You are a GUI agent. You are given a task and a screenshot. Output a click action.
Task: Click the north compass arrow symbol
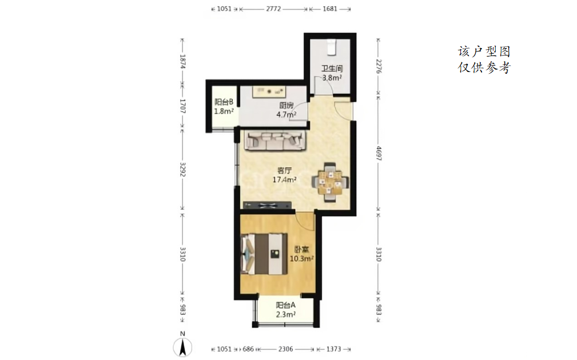(182, 347)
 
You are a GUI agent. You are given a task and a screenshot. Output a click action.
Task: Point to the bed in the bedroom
(264, 254)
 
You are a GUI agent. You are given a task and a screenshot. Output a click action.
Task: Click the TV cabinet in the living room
(267, 205)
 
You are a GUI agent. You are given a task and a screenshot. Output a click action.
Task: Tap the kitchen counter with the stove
(269, 91)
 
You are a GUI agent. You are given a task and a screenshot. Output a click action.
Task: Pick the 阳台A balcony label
(286, 305)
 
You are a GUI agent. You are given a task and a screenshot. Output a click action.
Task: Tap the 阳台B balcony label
(224, 102)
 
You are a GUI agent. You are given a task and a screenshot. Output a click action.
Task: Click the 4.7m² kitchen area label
(286, 114)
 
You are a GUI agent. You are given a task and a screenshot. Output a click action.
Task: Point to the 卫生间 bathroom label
(332, 69)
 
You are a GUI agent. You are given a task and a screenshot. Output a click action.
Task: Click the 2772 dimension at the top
(273, 9)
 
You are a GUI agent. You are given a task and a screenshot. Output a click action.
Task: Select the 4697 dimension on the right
(379, 153)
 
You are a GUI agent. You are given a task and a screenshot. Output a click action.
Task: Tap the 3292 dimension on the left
(182, 169)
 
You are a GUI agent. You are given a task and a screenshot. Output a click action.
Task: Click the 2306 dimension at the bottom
(285, 349)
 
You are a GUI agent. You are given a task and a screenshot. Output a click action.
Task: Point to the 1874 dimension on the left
(182, 61)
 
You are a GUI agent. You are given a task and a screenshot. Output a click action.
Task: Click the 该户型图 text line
(484, 51)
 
